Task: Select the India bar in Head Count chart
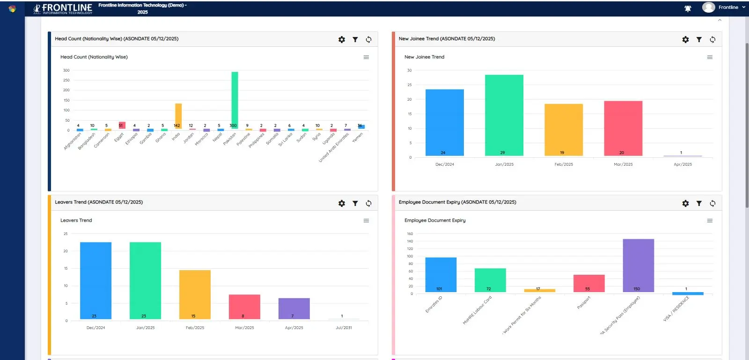178,116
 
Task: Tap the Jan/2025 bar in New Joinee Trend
504,115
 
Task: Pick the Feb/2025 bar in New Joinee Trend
564,130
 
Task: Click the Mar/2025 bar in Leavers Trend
244,307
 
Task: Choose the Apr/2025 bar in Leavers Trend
294,309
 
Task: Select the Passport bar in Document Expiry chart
589,283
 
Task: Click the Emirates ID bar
441,275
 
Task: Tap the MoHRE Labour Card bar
490,280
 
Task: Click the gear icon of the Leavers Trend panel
342,203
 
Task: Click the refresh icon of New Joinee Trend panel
712,40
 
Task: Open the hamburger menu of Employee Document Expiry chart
710,220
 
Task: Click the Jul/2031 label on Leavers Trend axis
344,328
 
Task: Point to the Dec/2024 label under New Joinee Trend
445,164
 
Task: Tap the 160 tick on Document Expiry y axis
410,234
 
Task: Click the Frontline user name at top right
728,7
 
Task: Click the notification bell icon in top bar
688,8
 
